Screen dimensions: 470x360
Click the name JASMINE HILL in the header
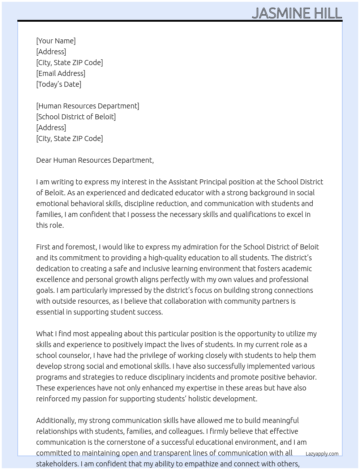(297, 13)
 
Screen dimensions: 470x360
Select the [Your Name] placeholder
(56, 41)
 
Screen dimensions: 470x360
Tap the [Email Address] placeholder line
(61, 73)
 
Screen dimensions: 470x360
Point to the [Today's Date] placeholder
(59, 84)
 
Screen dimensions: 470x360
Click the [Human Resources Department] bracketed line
(87, 106)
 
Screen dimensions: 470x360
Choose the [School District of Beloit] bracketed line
(76, 117)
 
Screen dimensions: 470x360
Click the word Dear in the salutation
(44, 160)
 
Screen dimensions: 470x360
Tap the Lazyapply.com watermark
(322, 454)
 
